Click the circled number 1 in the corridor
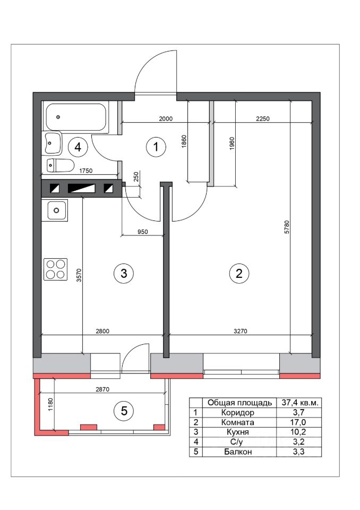point(156,147)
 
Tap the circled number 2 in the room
point(239,273)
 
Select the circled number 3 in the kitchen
point(124,273)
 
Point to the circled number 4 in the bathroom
point(78,147)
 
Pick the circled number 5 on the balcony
point(124,411)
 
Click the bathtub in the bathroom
point(76,118)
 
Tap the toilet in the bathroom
point(61,165)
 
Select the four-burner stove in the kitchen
point(55,269)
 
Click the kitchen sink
point(56,210)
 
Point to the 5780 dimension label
point(286,227)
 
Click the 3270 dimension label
point(241,331)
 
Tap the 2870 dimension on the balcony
point(102,389)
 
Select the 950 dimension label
point(142,232)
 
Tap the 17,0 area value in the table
point(298,422)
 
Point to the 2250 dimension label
point(263,118)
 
